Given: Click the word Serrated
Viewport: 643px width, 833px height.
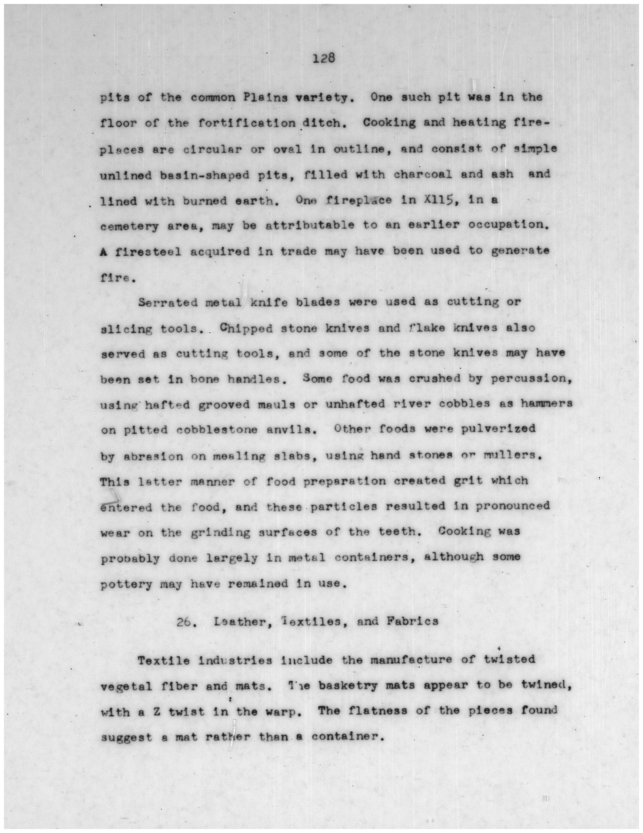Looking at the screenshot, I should (x=167, y=302).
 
